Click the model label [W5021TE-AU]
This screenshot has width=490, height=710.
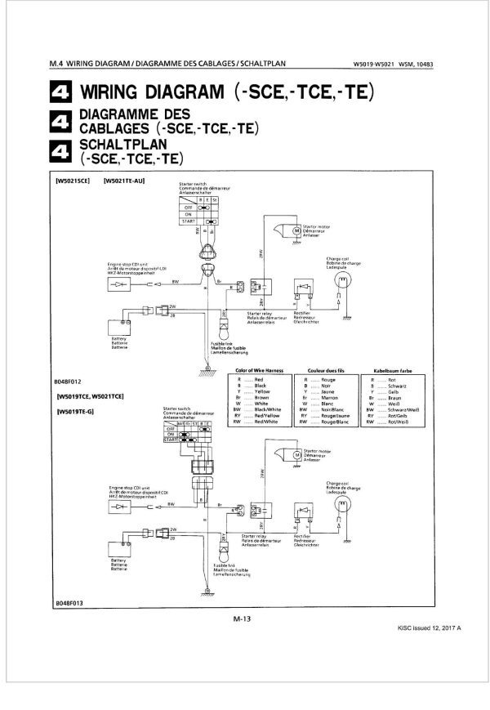click(x=124, y=181)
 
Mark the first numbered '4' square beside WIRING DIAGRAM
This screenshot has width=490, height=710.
click(x=61, y=91)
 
